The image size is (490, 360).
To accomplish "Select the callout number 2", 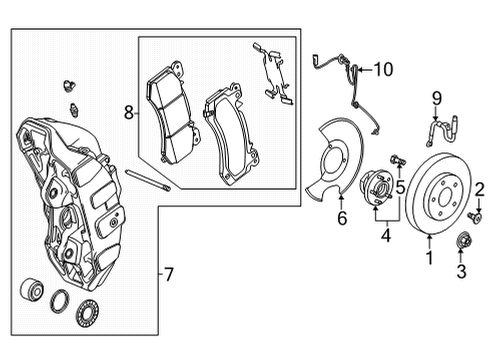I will tap(479, 187).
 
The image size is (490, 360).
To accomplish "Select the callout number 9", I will tap(436, 97).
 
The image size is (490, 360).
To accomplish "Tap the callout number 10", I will tap(385, 69).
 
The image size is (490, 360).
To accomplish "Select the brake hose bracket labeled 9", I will tap(438, 129).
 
